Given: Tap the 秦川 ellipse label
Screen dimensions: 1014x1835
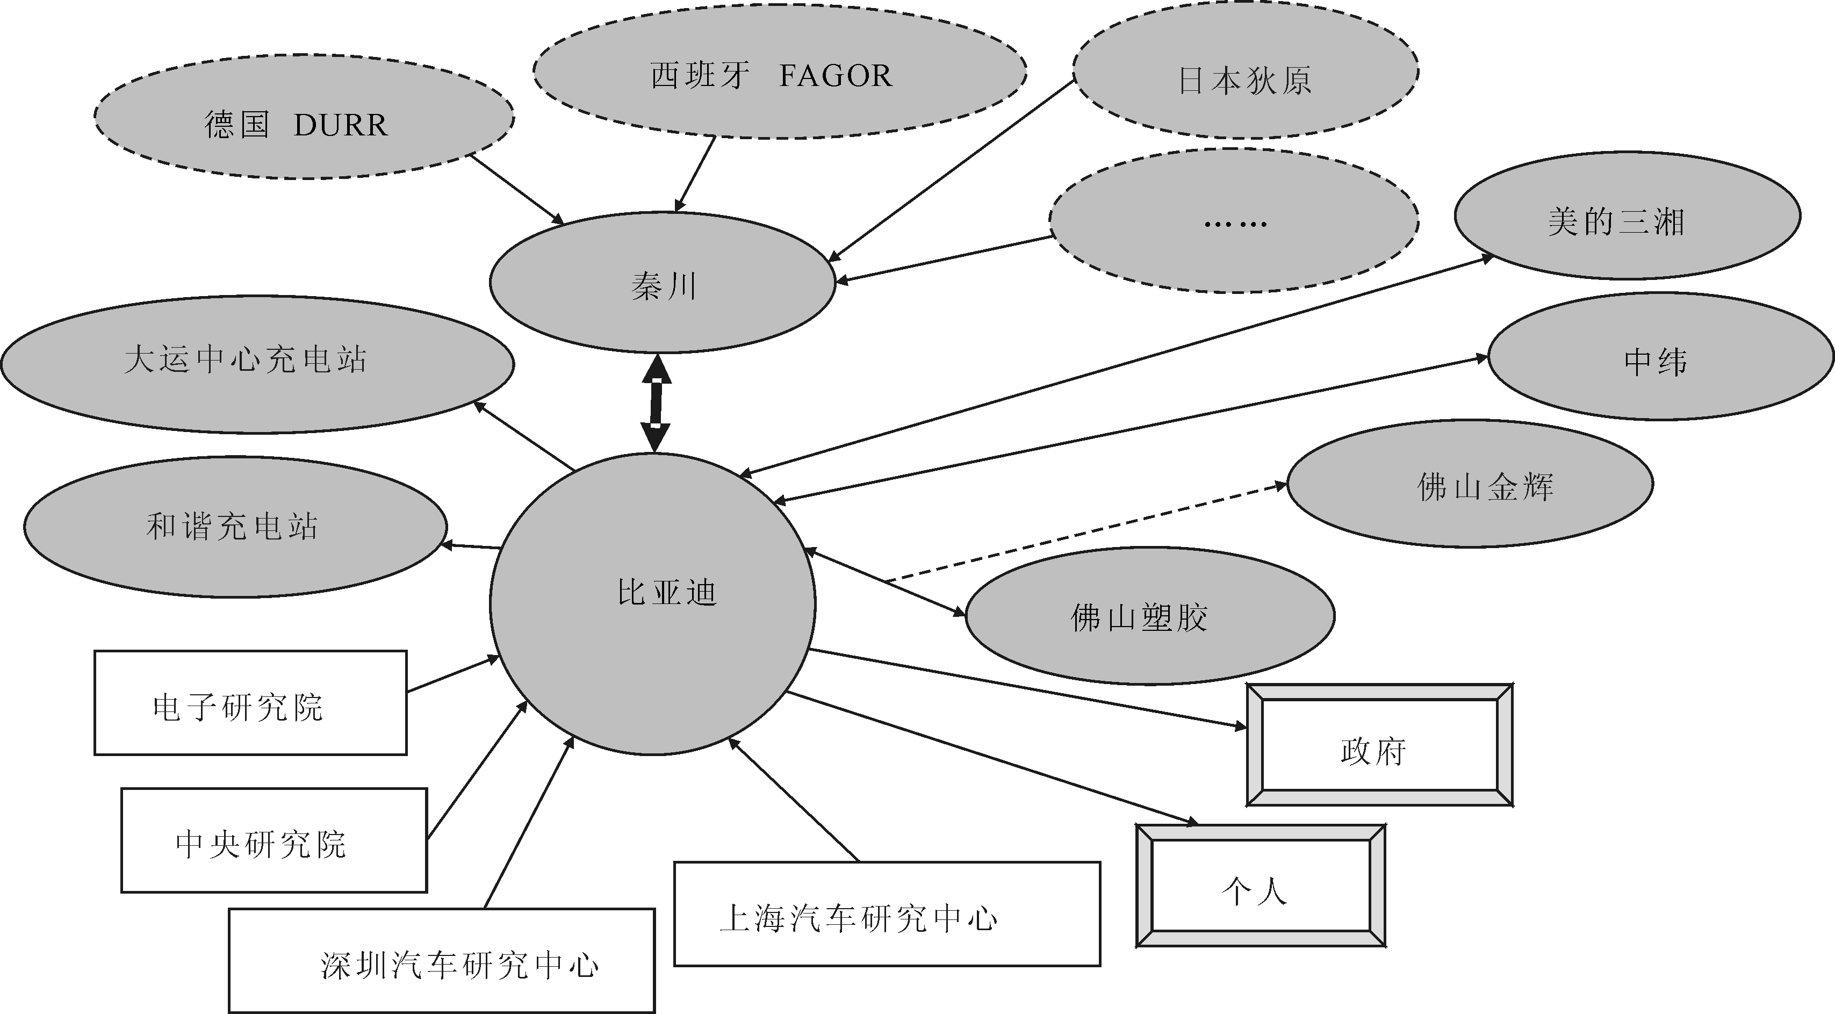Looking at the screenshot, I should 663,286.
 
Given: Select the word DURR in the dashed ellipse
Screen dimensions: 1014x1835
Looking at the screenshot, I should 341,125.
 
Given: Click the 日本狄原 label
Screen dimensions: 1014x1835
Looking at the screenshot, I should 1244,81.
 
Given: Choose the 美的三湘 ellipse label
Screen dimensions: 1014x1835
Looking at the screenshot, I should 1616,221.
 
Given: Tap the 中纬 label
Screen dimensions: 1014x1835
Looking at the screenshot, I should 1656,362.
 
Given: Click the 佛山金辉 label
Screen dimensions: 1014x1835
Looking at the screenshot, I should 1485,487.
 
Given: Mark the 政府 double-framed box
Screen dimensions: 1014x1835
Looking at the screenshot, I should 1373,751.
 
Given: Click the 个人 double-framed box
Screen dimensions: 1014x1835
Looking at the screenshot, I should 1254,891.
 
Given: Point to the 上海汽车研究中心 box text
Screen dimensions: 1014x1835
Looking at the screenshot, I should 858,918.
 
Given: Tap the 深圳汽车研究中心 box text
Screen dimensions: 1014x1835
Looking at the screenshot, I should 459,966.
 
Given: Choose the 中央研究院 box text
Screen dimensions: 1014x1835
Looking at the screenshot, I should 261,844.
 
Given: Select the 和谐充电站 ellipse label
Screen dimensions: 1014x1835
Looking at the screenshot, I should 232,527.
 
